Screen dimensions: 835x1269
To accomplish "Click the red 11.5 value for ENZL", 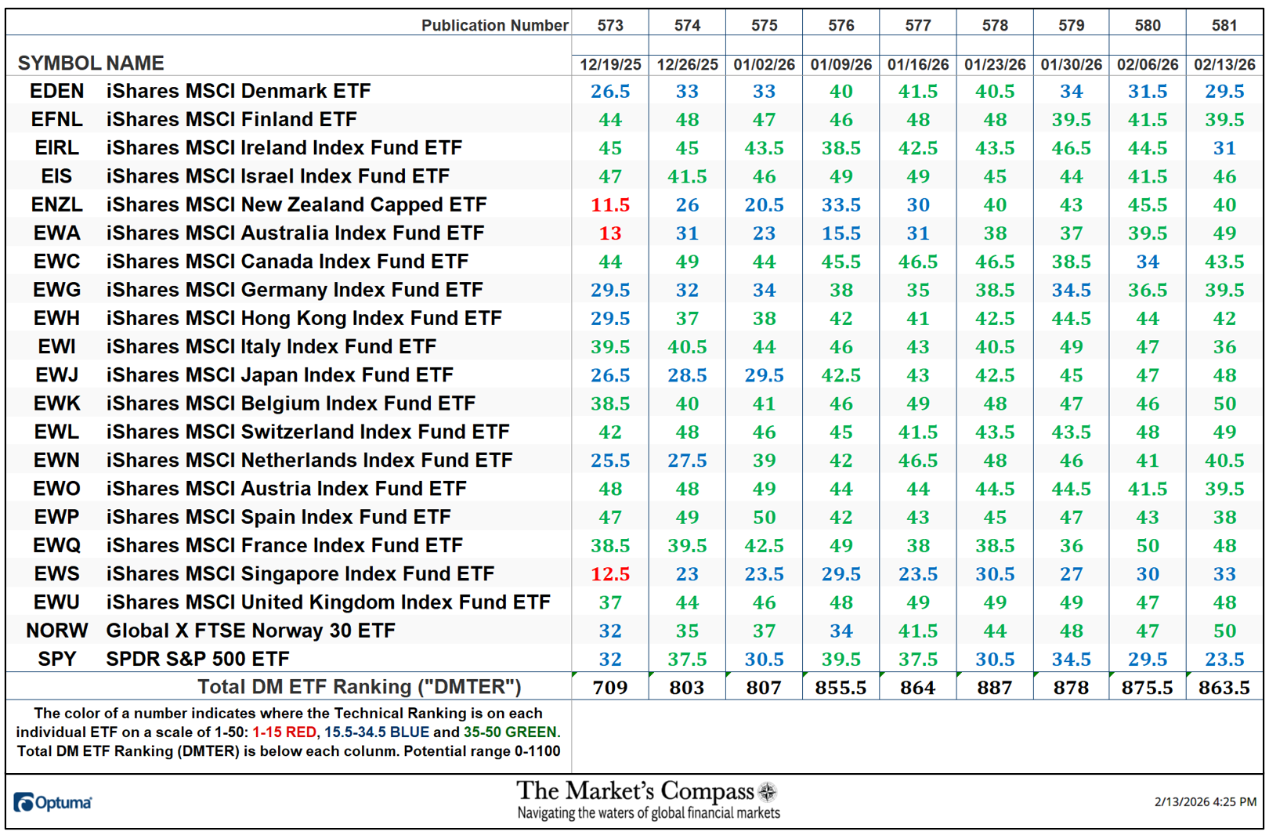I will point(609,205).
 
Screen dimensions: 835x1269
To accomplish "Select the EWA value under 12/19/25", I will point(609,233).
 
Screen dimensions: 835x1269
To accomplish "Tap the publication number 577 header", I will point(917,25).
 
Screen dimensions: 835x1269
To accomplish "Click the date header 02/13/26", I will point(1224,64).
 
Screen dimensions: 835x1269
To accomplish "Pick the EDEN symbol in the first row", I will point(56,91).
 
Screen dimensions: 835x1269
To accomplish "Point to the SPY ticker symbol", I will point(56,659).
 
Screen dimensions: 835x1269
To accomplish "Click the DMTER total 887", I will point(994,688).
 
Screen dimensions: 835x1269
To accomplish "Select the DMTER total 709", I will point(609,688).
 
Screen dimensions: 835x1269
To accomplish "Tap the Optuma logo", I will point(52,802).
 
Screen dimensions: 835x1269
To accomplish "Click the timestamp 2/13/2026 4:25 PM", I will point(1205,802).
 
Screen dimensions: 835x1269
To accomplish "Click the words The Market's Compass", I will point(634,791).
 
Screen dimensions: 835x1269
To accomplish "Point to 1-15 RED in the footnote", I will point(284,732).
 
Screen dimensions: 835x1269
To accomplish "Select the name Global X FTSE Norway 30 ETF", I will point(251,631).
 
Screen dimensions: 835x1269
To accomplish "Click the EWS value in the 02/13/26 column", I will point(1224,574).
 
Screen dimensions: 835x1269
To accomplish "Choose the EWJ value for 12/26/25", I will point(686,375).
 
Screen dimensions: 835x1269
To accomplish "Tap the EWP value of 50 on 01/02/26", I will point(764,518).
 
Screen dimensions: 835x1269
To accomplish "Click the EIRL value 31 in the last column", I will point(1224,148).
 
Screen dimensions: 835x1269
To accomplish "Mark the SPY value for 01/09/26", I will point(841,660).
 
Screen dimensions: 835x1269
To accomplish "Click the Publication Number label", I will point(494,25).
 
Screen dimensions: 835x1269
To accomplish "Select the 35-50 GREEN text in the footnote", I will point(511,732).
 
